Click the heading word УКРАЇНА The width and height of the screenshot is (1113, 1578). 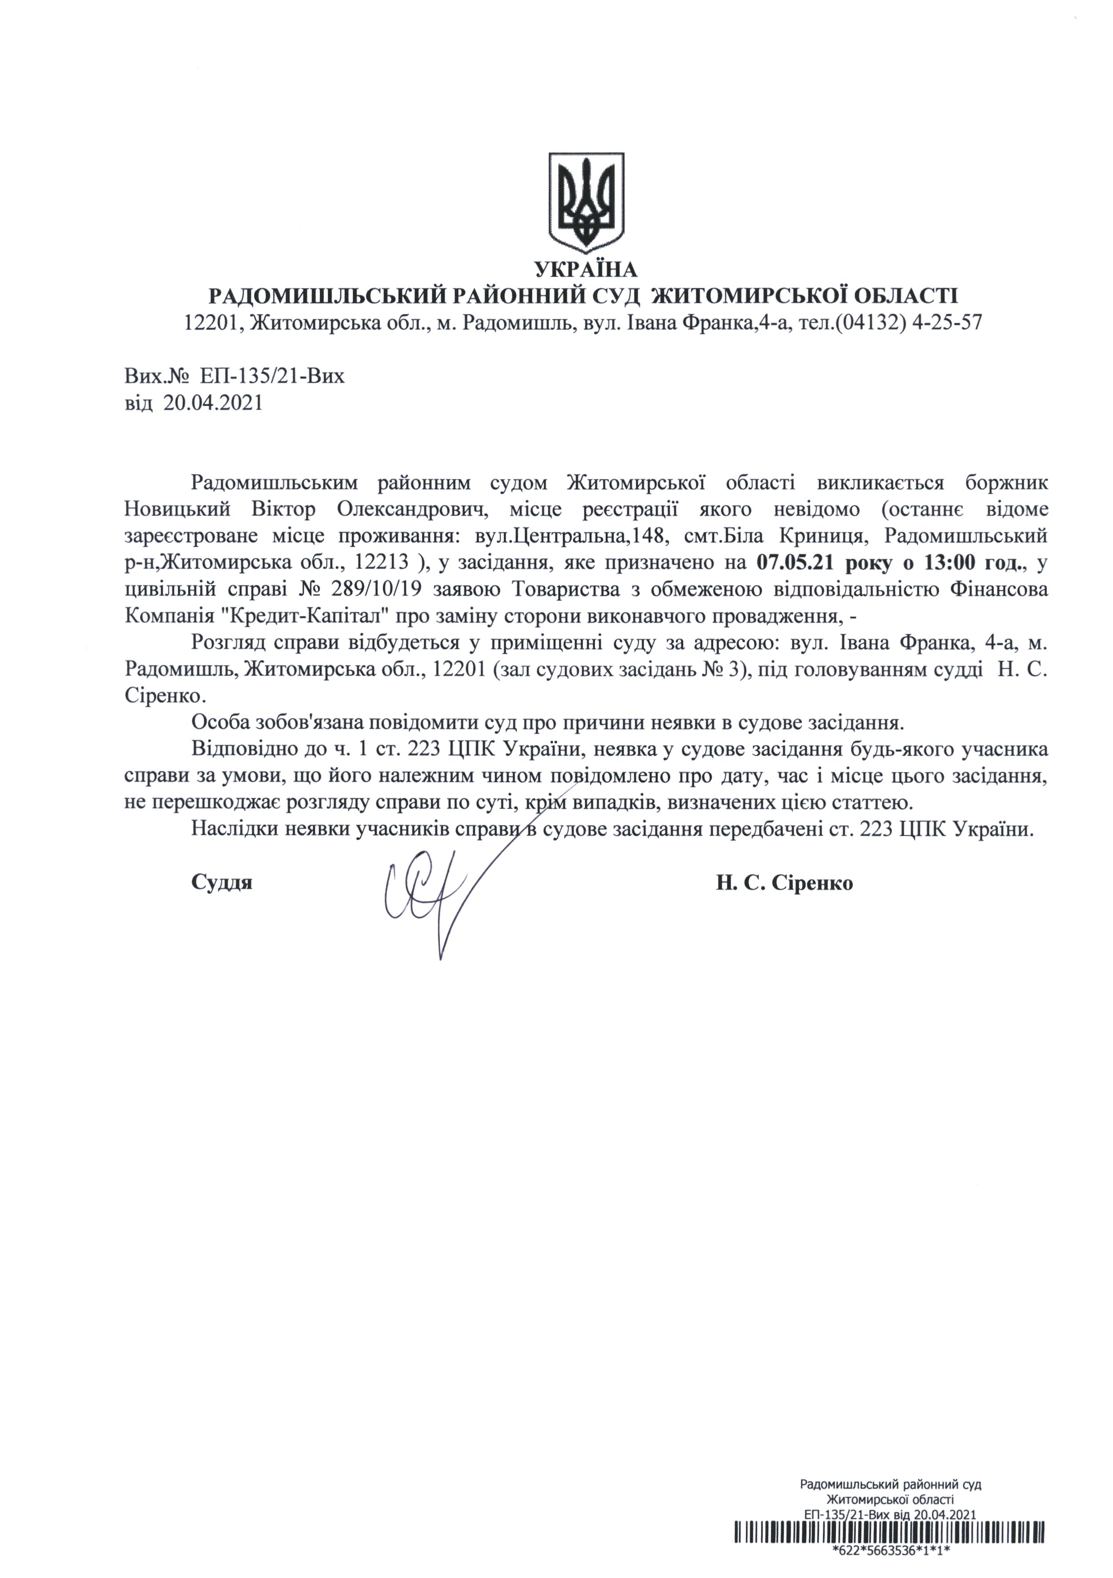(586, 269)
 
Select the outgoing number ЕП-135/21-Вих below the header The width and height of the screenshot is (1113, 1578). (272, 376)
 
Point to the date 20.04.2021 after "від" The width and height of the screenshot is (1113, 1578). (213, 403)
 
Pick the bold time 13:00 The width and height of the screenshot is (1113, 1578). (945, 564)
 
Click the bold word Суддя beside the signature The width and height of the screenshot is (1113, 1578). (221, 882)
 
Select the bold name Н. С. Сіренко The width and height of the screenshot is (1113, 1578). (784, 882)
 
